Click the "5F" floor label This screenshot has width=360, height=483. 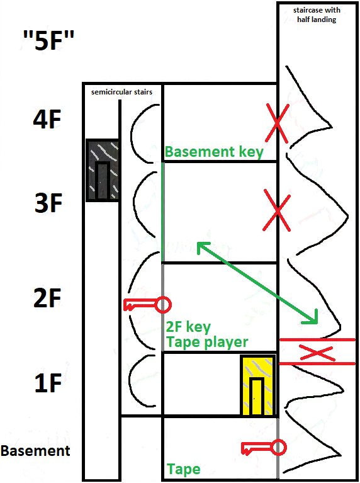click(x=48, y=40)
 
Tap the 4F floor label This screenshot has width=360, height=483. click(x=47, y=120)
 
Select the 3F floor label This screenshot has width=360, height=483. click(x=48, y=203)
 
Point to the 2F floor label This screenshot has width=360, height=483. click(x=47, y=298)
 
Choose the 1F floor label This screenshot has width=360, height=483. click(x=48, y=383)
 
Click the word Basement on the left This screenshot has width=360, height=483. click(x=35, y=451)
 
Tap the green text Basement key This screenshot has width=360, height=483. click(x=214, y=152)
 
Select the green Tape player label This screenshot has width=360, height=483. click(x=207, y=342)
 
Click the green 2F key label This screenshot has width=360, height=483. click(x=188, y=327)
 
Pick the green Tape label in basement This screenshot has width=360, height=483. click(x=184, y=469)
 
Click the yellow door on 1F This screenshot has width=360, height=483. click(x=257, y=385)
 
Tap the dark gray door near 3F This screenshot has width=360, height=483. click(x=103, y=171)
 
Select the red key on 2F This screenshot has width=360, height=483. click(x=147, y=305)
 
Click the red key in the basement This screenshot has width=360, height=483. click(x=264, y=448)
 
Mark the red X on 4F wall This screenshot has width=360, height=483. click(x=277, y=123)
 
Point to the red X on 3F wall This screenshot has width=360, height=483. click(x=277, y=211)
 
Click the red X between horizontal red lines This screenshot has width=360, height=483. click(x=317, y=353)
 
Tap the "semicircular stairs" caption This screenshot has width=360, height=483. click(x=121, y=92)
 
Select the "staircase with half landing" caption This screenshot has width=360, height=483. click(x=317, y=14)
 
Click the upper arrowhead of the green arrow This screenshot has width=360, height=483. click(x=201, y=246)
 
